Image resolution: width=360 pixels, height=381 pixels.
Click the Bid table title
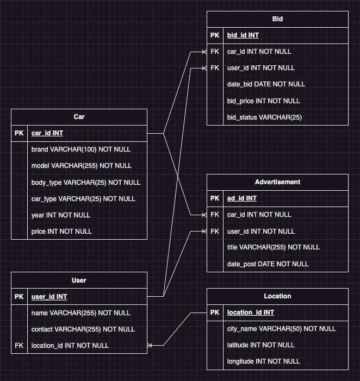click(x=277, y=19)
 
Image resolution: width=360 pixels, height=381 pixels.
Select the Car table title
click(x=79, y=117)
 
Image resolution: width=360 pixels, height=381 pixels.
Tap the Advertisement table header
click(x=277, y=182)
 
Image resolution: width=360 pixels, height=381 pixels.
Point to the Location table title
click(x=277, y=296)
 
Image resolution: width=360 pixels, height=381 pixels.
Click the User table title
click(x=79, y=280)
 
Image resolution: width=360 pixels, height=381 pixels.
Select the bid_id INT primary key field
click(x=243, y=35)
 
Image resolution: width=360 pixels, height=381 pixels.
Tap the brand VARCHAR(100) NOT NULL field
click(x=81, y=149)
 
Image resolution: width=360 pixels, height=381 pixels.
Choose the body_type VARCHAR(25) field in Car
click(x=85, y=182)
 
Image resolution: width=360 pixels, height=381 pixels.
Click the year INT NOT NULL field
click(x=61, y=215)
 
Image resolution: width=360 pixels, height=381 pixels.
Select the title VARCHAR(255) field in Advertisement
click(x=273, y=247)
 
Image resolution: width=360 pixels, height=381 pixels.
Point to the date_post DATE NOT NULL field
click(x=268, y=264)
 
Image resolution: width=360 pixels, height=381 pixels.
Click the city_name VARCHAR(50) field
click(x=281, y=329)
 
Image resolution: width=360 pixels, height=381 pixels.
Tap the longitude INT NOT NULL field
click(x=263, y=361)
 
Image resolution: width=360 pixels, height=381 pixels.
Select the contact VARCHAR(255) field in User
click(x=83, y=329)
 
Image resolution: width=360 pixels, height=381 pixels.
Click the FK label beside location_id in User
click(x=19, y=345)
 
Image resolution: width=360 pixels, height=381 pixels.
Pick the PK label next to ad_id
click(x=215, y=198)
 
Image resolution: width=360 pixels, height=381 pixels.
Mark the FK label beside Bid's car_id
click(x=215, y=52)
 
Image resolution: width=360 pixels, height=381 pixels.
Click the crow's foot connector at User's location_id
click(x=151, y=345)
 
